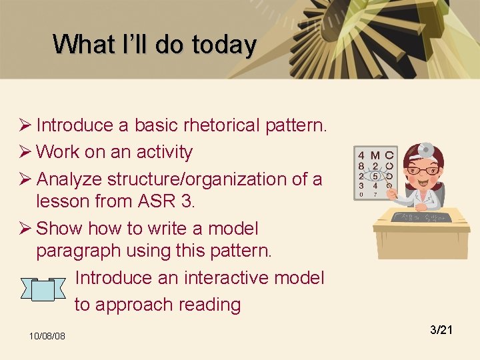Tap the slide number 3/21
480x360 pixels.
click(441, 329)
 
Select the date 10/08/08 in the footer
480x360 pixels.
click(47, 335)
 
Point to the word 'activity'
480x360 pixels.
click(164, 152)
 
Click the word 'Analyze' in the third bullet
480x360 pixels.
click(69, 179)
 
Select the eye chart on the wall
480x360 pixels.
click(375, 173)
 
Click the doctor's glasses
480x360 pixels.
click(423, 171)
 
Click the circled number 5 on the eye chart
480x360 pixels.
click(375, 176)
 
